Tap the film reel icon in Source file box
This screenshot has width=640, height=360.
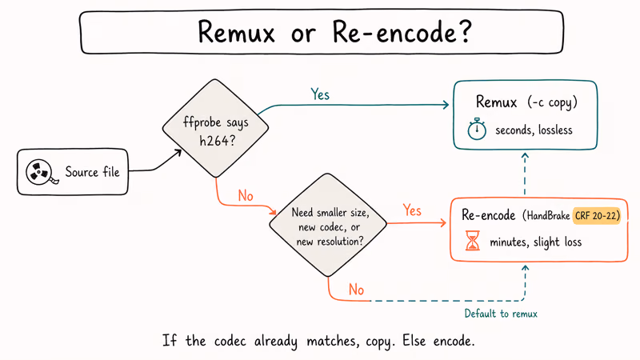[x=38, y=171]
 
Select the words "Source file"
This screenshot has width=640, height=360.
[x=92, y=171]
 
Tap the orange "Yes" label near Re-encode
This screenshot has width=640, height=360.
[x=412, y=210]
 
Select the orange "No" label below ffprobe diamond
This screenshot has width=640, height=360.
[x=246, y=196]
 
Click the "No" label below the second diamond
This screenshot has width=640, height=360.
[x=356, y=288]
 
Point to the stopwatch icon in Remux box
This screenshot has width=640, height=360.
[x=478, y=130]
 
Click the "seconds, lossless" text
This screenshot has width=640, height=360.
[x=534, y=130]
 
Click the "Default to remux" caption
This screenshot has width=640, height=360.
[x=501, y=314]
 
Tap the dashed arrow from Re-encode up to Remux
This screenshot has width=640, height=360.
[x=525, y=173]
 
